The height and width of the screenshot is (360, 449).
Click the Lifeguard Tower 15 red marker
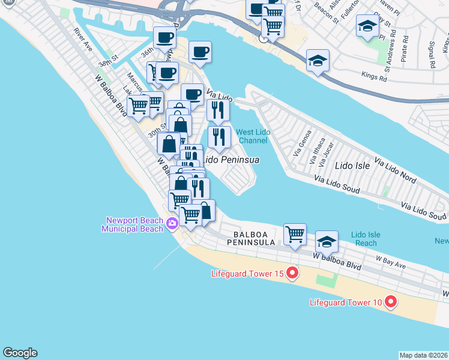click(292, 274)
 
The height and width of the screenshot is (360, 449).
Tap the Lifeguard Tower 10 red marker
click(391, 301)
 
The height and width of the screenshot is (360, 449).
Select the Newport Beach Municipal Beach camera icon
click(173, 224)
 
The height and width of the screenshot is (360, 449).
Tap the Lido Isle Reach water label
click(365, 238)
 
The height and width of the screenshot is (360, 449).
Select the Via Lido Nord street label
click(395, 170)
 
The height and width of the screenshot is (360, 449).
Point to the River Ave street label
click(83, 39)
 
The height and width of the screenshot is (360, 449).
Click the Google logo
click(20, 353)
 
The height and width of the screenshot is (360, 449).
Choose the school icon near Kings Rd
click(318, 61)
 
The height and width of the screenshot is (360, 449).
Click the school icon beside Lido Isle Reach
click(327, 241)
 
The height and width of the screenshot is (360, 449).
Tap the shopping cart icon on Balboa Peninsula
click(295, 233)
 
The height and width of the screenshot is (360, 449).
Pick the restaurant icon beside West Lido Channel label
click(219, 137)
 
